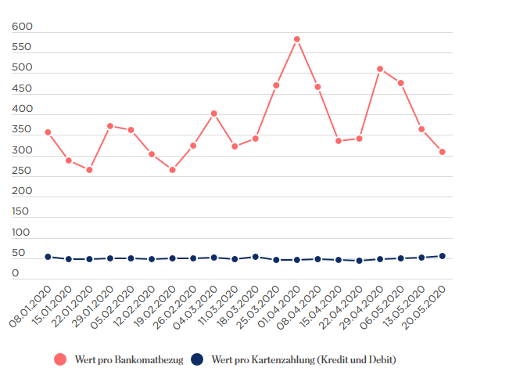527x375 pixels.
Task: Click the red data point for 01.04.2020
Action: [297, 39]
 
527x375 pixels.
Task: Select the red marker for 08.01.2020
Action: [48, 132]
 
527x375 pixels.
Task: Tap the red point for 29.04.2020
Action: [380, 69]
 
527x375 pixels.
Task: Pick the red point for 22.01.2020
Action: [89, 170]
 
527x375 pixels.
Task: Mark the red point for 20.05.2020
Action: [443, 152]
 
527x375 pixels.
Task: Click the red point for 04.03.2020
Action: [213, 114]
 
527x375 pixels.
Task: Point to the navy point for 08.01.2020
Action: [48, 257]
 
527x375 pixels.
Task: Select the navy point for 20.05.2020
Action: [443, 256]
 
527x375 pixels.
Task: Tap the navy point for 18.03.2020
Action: [255, 257]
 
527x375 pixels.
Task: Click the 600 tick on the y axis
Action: [22, 27]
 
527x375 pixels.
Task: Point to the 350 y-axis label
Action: [22, 130]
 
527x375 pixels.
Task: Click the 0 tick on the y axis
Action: [16, 273]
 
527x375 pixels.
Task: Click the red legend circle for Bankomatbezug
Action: [60, 359]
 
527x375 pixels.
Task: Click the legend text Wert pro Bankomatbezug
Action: [129, 360]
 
